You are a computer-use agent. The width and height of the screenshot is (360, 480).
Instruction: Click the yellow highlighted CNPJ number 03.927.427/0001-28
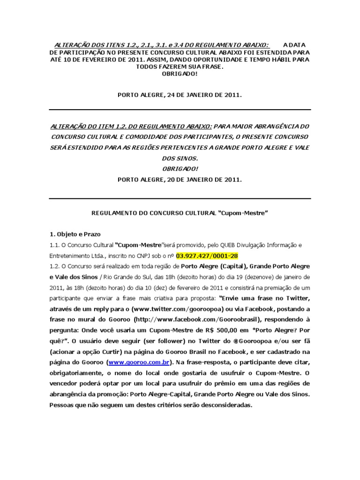click(x=207, y=255)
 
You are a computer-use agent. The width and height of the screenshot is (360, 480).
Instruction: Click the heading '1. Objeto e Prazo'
click(x=75, y=234)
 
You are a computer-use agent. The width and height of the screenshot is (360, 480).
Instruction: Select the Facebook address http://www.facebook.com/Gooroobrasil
click(x=182, y=319)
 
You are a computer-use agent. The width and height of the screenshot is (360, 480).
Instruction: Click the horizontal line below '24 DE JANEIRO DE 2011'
click(x=180, y=110)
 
